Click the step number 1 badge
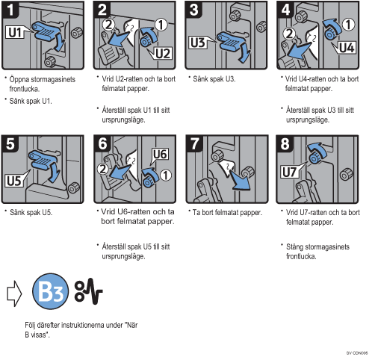tap(10, 10)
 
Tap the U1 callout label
tap(15, 32)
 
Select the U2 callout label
tap(162, 53)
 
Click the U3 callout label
tap(199, 43)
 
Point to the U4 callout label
tap(347, 47)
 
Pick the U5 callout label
tap(14, 180)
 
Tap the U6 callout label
tap(160, 155)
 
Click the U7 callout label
tap(290, 172)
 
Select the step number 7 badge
tap(195, 143)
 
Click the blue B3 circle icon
tap(51, 291)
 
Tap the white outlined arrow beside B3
tap(14, 294)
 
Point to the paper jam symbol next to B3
tap(89, 291)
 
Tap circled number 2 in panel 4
tap(289, 34)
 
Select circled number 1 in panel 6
tap(166, 175)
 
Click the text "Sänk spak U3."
tap(214, 79)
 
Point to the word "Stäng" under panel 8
tap(294, 246)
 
